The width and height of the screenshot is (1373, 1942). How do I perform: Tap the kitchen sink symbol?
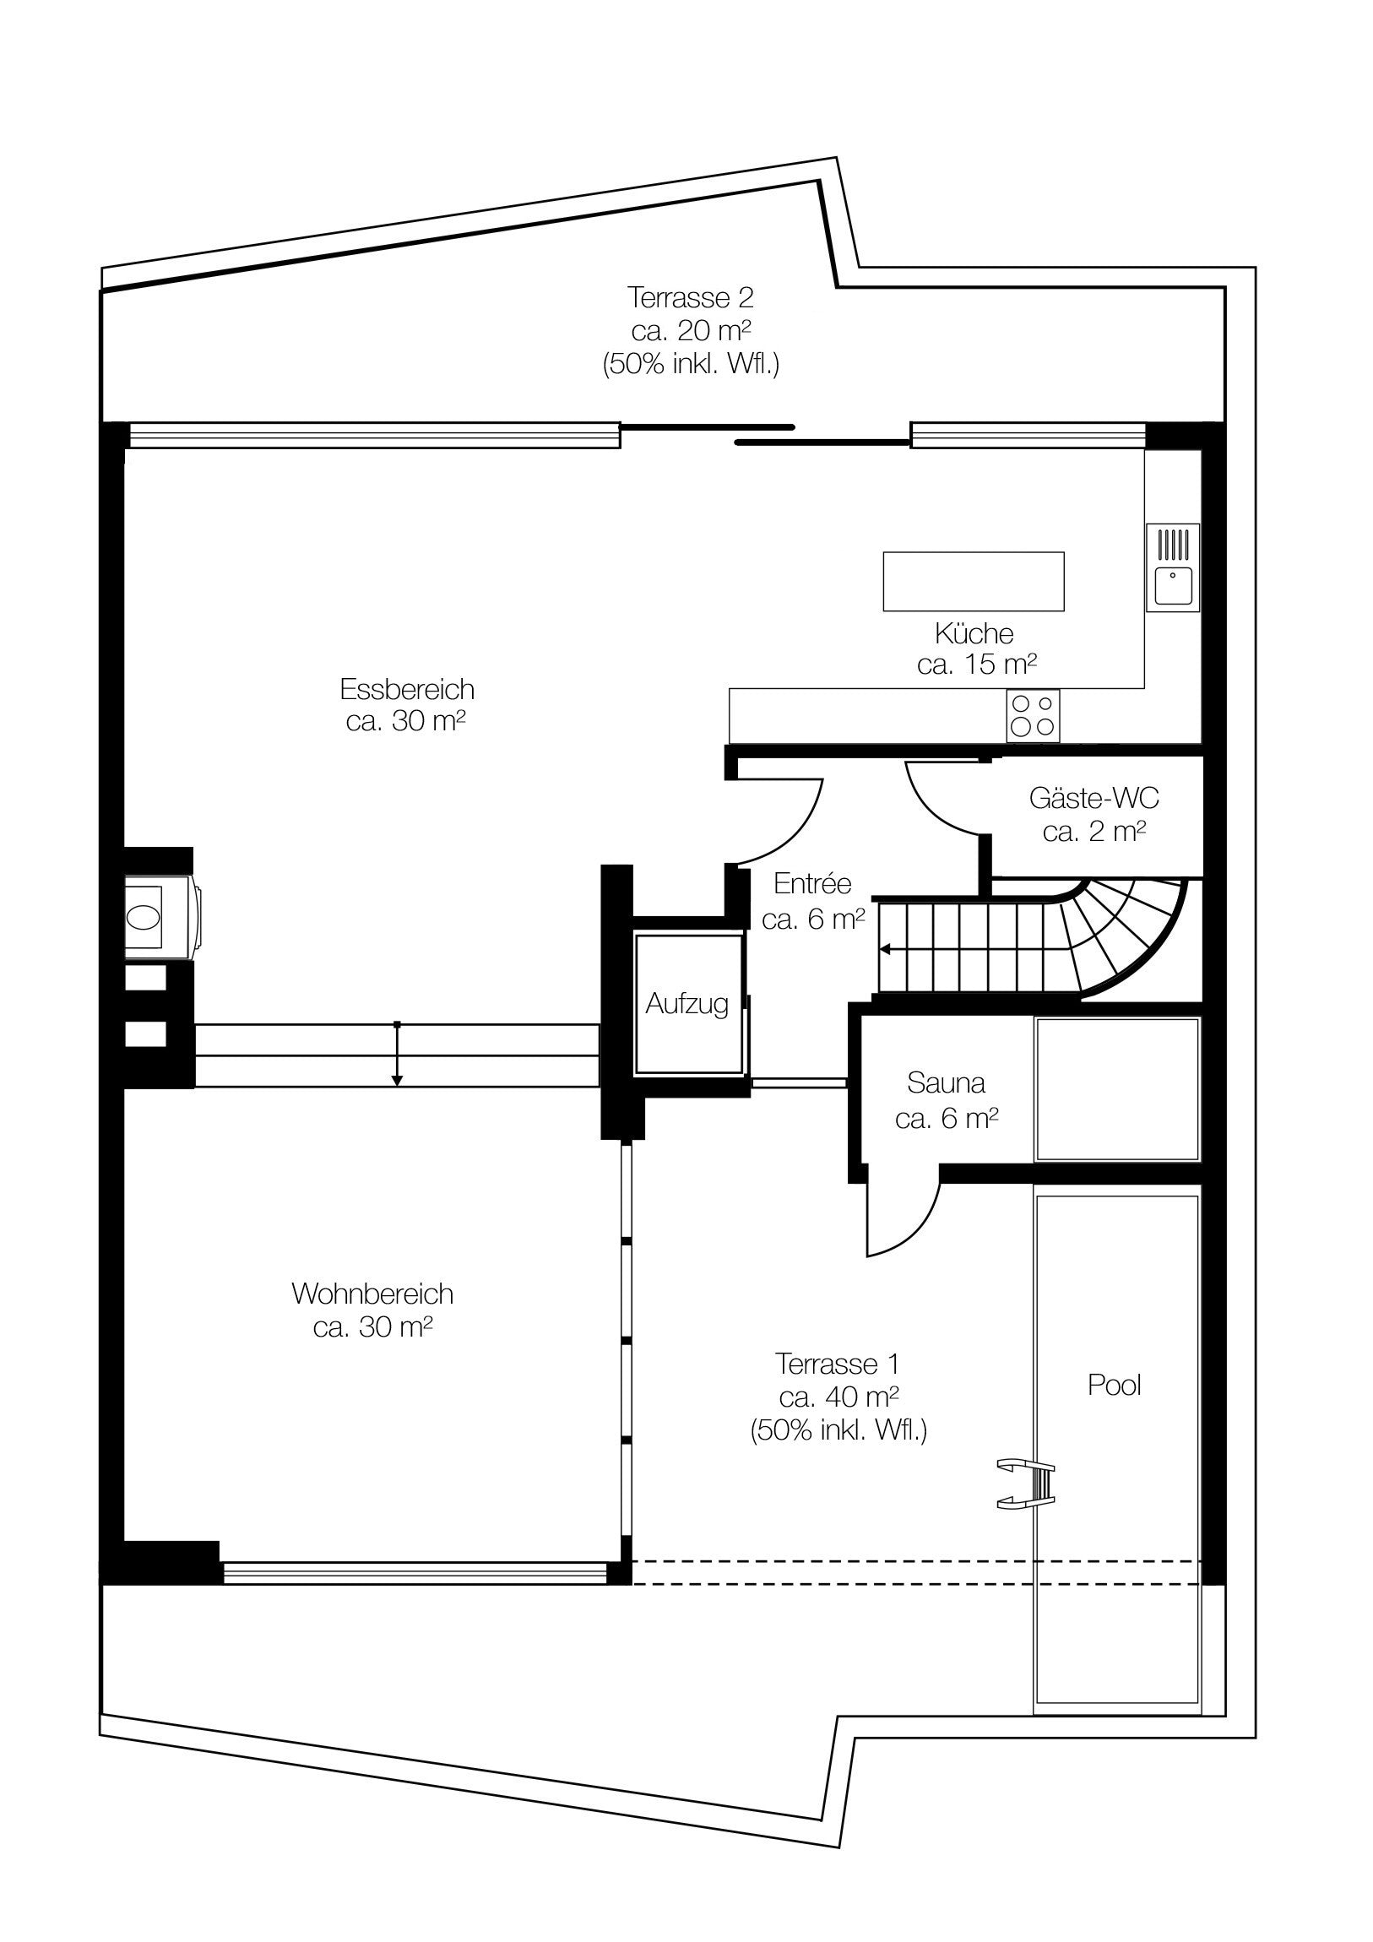(x=1174, y=567)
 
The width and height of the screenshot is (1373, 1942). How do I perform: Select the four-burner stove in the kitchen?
(x=1033, y=715)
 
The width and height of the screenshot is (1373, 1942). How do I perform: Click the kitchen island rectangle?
(x=974, y=581)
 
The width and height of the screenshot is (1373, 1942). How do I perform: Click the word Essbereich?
(x=407, y=689)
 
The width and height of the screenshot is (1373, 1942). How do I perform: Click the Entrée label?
(x=812, y=884)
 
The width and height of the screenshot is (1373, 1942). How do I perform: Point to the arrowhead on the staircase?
(x=885, y=949)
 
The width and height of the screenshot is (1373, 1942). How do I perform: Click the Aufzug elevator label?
(x=687, y=1004)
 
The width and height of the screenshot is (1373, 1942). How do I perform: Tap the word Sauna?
(x=946, y=1082)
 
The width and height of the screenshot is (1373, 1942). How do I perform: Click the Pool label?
(x=1114, y=1385)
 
